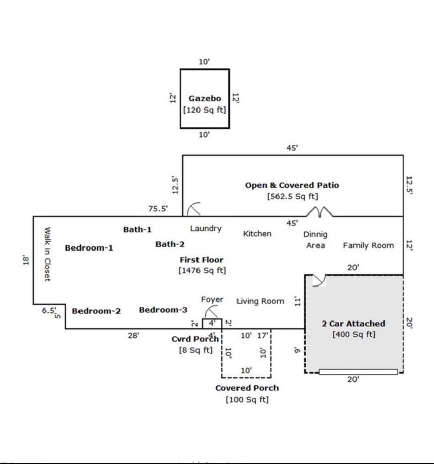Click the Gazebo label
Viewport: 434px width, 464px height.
[x=205, y=98]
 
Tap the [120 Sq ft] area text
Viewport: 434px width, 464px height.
[x=205, y=110]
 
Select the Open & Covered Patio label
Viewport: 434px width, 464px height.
[x=292, y=185]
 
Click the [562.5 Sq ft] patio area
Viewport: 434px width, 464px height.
[x=292, y=197]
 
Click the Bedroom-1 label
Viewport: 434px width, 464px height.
[x=89, y=248]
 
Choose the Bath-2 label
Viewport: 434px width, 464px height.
[x=170, y=244]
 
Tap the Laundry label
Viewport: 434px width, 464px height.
[x=206, y=229]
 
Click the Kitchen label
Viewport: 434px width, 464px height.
[x=257, y=234]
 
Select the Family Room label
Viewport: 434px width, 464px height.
[x=368, y=245]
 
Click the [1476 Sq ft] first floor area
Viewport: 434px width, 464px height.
[x=202, y=270]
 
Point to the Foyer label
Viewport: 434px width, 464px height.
[x=212, y=300]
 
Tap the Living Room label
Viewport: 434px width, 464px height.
[x=260, y=301]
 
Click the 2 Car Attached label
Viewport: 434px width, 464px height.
[x=353, y=324]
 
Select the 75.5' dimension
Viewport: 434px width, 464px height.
[x=158, y=208]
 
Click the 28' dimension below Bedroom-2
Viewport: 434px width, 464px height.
[x=134, y=335]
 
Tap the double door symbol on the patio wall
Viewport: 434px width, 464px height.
[x=321, y=211]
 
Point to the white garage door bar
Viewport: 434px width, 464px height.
[x=358, y=372]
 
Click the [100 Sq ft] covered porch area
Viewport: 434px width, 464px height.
[x=247, y=400]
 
